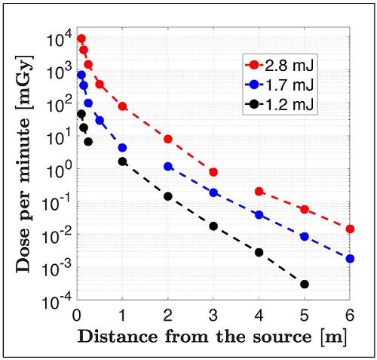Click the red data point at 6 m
click(x=350, y=229)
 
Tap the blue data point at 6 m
click(x=350, y=259)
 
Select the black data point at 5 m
click(x=305, y=285)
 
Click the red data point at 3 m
click(x=213, y=173)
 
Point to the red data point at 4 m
click(x=259, y=192)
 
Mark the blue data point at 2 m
click(x=168, y=166)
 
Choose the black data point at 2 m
click(x=168, y=196)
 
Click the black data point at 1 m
click(x=123, y=162)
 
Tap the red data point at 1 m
click(x=123, y=106)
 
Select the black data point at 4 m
click(x=259, y=252)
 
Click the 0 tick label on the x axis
click(x=77, y=315)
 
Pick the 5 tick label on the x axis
click(x=305, y=315)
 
